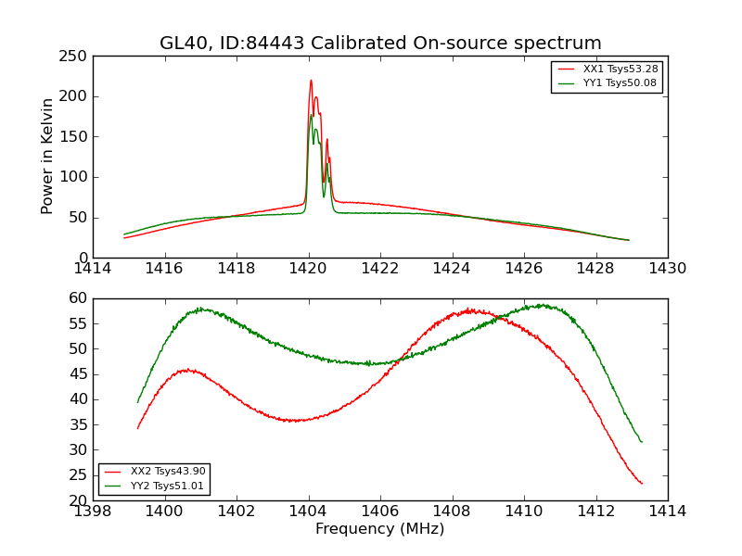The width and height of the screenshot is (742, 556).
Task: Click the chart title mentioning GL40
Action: pos(380,44)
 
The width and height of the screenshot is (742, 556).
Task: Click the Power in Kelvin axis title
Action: pos(48,157)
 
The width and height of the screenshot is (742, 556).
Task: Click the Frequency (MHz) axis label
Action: pos(380,529)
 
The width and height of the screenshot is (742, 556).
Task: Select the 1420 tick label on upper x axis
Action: pos(308,269)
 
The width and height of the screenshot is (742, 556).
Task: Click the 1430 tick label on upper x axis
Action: pos(668,269)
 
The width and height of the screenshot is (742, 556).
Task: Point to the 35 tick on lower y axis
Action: pos(77,424)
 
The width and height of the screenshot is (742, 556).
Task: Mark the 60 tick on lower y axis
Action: pos(77,298)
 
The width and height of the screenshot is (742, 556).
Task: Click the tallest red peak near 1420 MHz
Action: pos(311,80)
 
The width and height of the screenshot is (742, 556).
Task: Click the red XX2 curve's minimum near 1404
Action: pos(293,421)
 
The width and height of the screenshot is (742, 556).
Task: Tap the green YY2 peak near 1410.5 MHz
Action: pos(540,305)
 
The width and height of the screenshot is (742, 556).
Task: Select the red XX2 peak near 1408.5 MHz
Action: pos(470,310)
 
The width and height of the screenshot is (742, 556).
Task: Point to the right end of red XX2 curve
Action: pos(642,483)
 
